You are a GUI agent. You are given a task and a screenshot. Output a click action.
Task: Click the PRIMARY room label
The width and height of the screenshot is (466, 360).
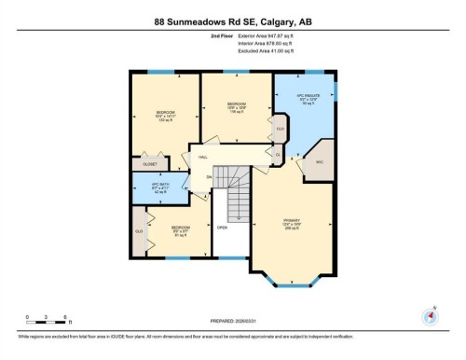(x=291, y=224)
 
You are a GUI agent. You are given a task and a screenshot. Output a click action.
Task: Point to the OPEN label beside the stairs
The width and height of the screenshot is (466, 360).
(x=222, y=227)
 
